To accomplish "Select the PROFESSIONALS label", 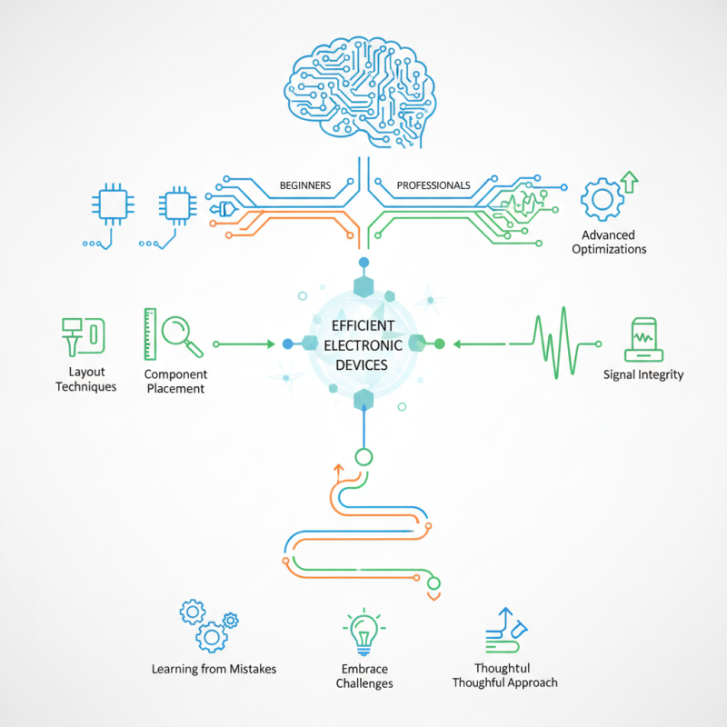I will point(433,185).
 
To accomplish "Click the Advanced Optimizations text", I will point(609,242).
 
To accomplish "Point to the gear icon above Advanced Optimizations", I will point(602,199).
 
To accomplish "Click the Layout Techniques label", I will point(86,379).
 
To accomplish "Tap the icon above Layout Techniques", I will point(82,336).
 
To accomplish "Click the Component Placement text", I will point(175,382).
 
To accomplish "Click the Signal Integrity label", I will point(643,374).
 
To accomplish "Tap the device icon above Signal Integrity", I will point(643,337).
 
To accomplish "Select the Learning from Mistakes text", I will point(214,669).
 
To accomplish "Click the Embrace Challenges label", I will point(363,676).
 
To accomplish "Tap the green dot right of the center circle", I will point(440,344).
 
